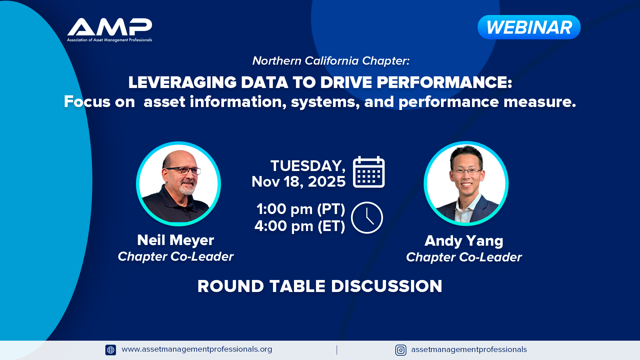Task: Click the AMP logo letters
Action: point(110,27)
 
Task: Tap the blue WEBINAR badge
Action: point(529,27)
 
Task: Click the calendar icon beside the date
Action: point(369,172)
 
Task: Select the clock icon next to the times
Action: point(367,218)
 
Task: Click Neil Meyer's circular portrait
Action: point(178,184)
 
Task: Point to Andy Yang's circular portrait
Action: point(466,183)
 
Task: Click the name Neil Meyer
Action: point(176,240)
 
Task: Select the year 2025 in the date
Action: point(327,182)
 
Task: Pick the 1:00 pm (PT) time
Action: point(301,209)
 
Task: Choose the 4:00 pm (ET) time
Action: point(300,226)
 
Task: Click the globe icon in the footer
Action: point(111,350)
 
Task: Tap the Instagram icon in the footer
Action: point(401,350)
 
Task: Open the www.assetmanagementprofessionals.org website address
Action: point(197,349)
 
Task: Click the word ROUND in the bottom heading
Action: point(231,286)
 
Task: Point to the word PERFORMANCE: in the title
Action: point(444,82)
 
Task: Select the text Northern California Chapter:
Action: point(331,61)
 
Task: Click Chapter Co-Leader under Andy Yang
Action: point(464,257)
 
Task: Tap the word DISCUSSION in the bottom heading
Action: point(387,286)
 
